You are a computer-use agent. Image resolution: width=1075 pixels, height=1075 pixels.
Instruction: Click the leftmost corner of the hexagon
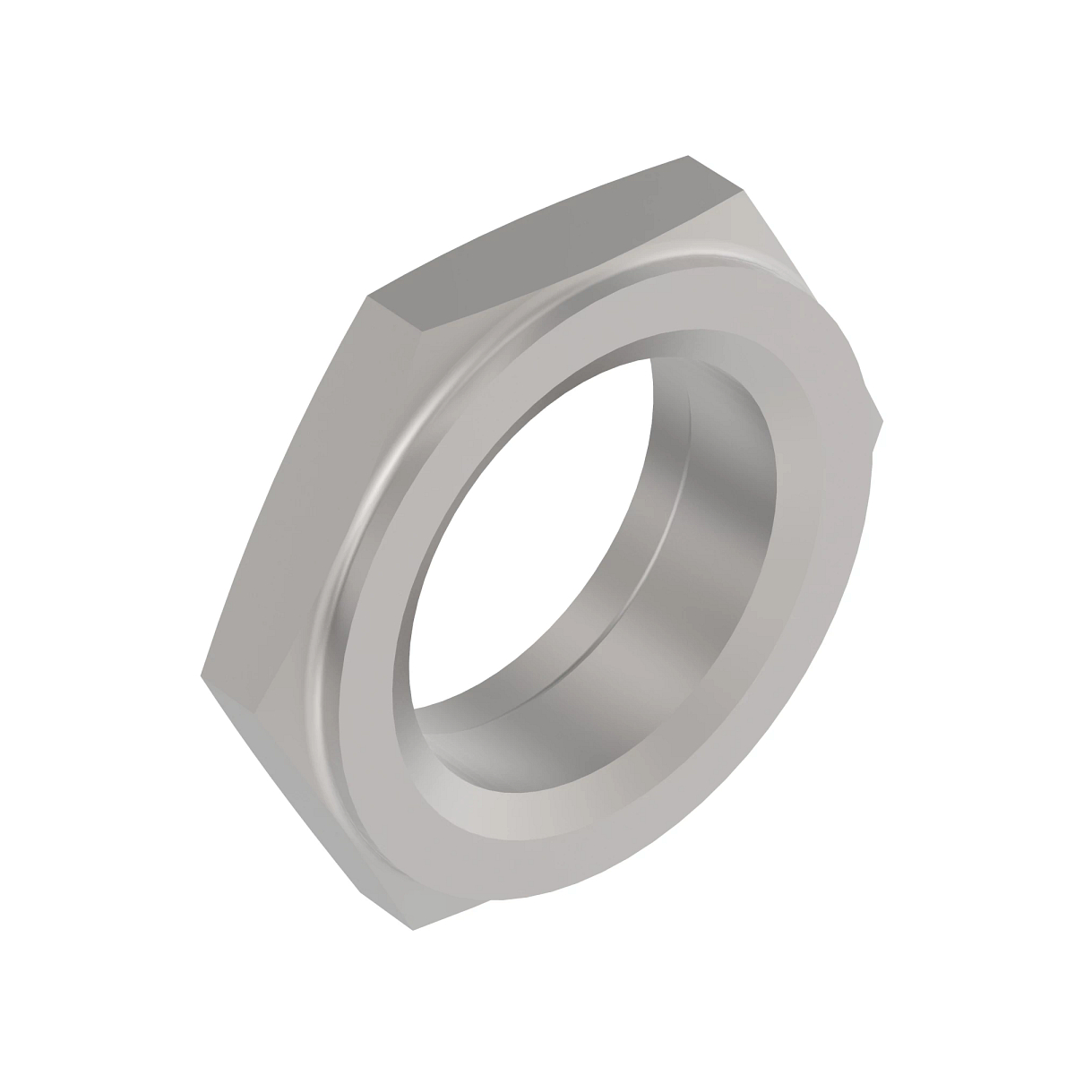[199, 674]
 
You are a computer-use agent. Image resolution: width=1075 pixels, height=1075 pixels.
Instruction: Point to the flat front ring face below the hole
[537, 824]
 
